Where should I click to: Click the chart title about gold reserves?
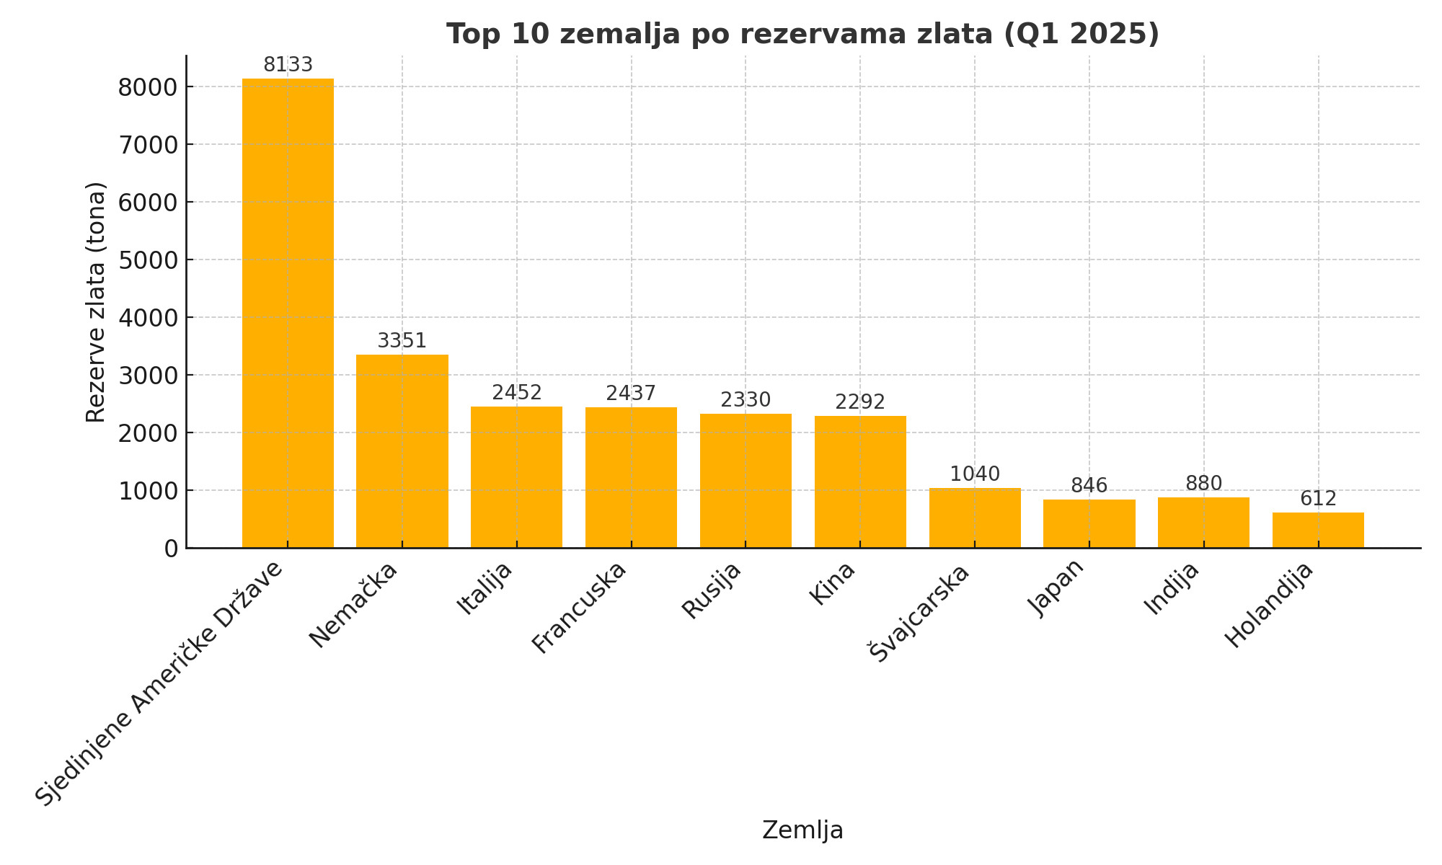(802, 34)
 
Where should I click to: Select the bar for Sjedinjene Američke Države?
(288, 314)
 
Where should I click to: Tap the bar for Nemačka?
(402, 451)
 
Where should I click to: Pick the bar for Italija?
(516, 477)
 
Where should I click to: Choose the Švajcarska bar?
(975, 518)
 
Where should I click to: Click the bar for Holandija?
(1318, 530)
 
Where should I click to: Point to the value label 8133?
(288, 65)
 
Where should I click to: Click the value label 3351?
(402, 340)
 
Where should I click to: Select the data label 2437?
(631, 393)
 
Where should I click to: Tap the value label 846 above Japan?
(1089, 485)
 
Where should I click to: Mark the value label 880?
(1203, 483)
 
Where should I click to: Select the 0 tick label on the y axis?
(171, 549)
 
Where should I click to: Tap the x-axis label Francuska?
(580, 607)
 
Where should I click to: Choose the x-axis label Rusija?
(712, 590)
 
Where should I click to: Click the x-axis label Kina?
(832, 583)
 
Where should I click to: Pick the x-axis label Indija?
(1172, 588)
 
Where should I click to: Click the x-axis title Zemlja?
(802, 830)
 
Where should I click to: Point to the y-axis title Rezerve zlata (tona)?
(95, 302)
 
